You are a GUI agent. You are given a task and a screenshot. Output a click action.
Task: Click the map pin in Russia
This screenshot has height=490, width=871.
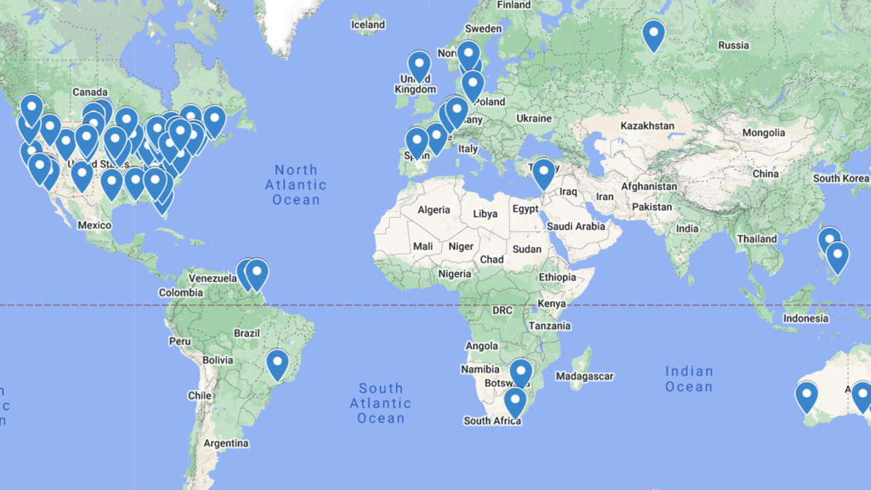click(653, 34)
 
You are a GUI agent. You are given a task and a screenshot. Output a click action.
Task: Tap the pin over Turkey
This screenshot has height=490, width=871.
click(544, 172)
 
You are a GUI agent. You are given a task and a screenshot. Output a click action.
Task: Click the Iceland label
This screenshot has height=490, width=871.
click(368, 24)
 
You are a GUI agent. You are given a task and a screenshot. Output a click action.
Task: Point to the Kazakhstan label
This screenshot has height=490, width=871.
click(647, 126)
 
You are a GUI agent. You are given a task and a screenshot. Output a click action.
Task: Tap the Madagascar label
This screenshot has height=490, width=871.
click(585, 376)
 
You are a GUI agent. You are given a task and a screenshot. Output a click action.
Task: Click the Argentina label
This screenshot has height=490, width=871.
click(226, 443)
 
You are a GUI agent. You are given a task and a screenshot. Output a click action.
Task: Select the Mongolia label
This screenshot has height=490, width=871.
click(763, 133)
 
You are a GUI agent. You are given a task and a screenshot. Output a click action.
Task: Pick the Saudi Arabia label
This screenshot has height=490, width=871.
click(576, 227)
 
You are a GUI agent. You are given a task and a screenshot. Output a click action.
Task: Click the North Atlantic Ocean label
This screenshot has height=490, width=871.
click(296, 184)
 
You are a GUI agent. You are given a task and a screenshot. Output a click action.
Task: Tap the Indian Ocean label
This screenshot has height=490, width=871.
click(689, 379)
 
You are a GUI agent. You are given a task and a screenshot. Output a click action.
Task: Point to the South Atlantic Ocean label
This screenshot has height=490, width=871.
click(380, 403)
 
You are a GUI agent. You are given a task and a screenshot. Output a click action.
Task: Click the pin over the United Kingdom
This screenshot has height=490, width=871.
click(419, 65)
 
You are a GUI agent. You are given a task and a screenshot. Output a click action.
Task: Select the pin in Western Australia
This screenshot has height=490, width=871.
click(806, 395)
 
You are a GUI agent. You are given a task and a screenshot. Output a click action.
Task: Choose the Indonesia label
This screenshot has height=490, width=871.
click(806, 318)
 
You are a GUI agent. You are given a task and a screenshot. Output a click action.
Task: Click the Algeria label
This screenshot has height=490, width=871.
click(433, 210)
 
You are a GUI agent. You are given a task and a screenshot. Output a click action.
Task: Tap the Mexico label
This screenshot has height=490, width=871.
click(94, 225)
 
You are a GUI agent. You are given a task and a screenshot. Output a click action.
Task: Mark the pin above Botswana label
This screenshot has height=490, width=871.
click(521, 372)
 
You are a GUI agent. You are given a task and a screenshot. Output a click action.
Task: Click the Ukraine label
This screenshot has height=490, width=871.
click(533, 118)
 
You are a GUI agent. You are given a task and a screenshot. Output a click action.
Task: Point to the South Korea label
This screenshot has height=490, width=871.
click(841, 178)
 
